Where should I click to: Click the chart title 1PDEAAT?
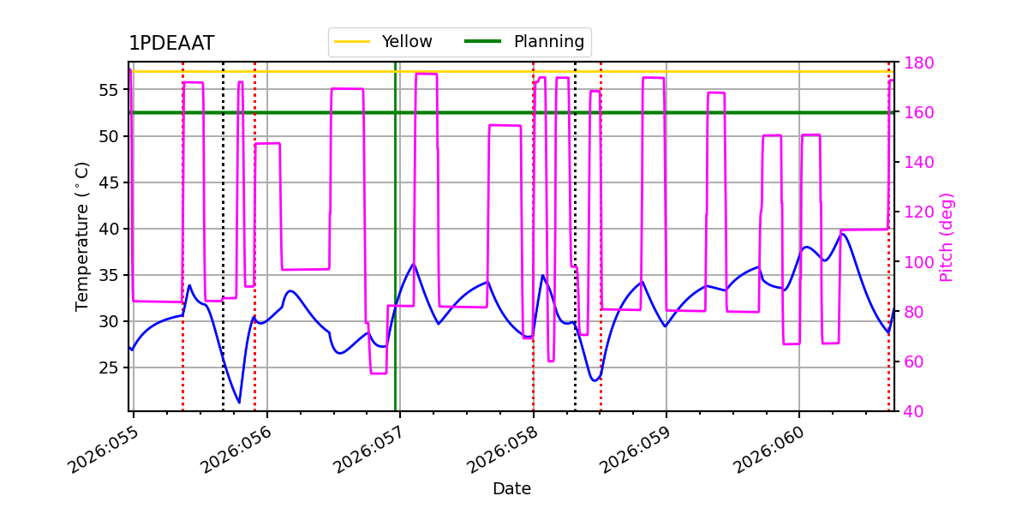171,44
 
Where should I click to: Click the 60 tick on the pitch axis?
911,362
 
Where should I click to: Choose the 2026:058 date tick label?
501,451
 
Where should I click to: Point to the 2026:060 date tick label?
768,451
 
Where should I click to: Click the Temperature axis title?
82,236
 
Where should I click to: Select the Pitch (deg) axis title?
946,237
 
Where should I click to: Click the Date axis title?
511,489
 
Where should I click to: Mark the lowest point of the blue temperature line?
239,403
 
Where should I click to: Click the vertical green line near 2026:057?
395,257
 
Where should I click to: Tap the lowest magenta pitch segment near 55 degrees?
379,374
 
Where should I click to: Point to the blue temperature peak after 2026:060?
842,233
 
